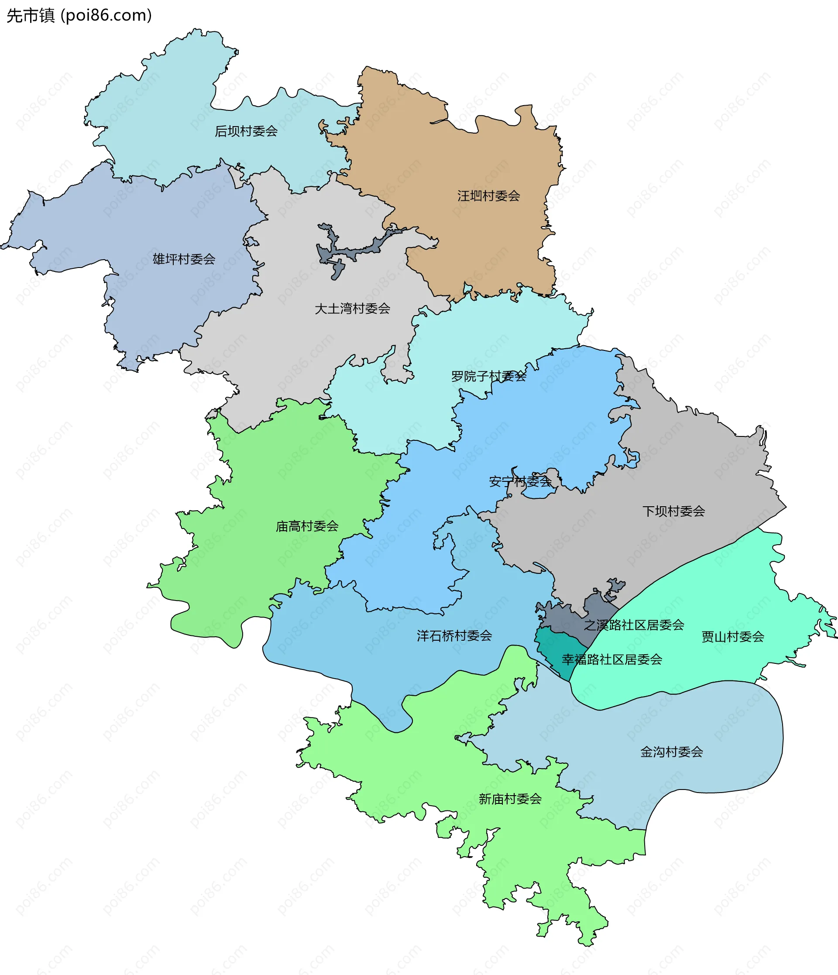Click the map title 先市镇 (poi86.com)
[79, 16]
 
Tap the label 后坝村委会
[246, 131]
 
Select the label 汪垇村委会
[488, 196]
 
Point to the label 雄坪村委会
[184, 259]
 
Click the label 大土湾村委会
[352, 309]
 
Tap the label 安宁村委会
[520, 481]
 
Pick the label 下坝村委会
[674, 511]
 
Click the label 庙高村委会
[307, 526]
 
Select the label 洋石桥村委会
[454, 636]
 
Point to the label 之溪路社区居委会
[634, 625]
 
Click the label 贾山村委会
[733, 637]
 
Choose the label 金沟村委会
[671, 752]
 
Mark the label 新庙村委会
[510, 799]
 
